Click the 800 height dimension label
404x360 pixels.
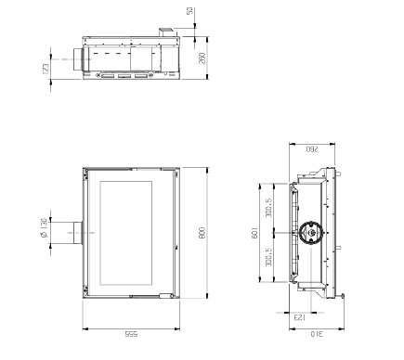(202, 233)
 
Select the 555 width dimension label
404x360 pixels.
(131, 334)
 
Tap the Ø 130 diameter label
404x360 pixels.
(44, 228)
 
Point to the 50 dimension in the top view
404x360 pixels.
(189, 10)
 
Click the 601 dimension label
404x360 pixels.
(254, 233)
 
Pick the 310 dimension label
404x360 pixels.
(317, 334)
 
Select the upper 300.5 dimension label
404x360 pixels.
(268, 208)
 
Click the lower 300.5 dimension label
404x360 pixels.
(268, 257)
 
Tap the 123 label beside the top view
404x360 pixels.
(46, 69)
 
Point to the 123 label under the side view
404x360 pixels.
(299, 317)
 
